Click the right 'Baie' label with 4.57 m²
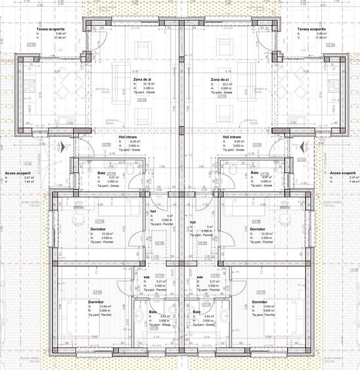tap(254, 173)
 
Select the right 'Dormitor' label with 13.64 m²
tap(259, 302)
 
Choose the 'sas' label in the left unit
tap(145, 277)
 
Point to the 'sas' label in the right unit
tap(200, 277)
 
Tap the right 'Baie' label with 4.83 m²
tap(196, 312)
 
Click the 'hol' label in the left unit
tap(152, 211)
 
